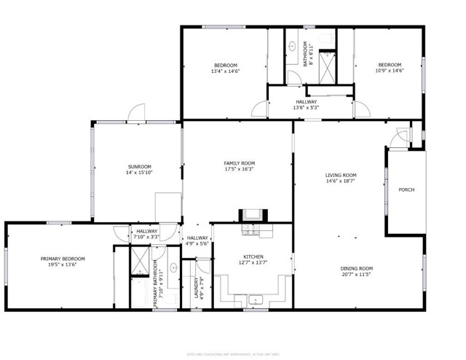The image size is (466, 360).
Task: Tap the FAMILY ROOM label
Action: coord(238,163)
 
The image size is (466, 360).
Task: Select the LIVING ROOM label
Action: coord(340,175)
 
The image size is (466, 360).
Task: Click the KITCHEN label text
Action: coord(253,257)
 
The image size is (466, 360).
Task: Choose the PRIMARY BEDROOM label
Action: coord(63,259)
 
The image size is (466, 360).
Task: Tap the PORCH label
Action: coord(406,190)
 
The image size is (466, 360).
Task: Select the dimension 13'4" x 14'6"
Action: coord(225,71)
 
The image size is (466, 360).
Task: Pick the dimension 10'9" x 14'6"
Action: coord(389,71)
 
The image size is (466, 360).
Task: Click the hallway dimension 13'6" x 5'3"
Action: coord(306,108)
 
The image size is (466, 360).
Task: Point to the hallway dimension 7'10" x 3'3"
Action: coord(146,237)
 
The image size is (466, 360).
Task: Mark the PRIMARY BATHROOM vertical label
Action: coord(156,287)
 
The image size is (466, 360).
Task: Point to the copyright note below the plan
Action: coord(232,335)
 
